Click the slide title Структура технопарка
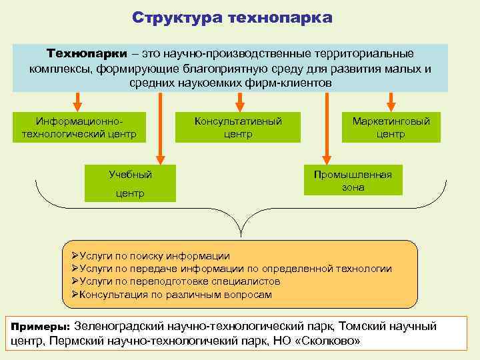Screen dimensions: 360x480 231,17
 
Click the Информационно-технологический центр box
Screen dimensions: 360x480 75,127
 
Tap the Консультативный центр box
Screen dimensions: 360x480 238,127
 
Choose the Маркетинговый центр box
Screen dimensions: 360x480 391,127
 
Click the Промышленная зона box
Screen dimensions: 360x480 353,181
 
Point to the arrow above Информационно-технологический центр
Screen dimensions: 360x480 77,100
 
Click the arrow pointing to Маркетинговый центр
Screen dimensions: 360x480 391,100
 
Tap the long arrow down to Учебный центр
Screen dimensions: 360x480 160,127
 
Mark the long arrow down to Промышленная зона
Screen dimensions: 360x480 327,127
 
